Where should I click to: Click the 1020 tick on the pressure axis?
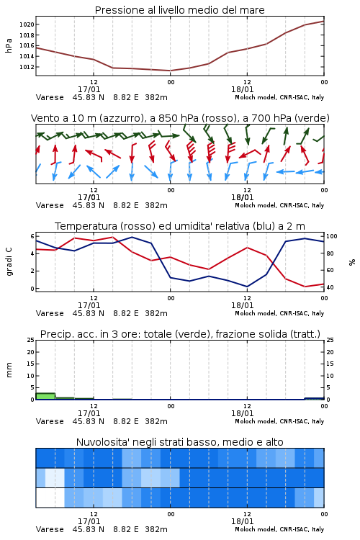pyautogui.click(x=27, y=24)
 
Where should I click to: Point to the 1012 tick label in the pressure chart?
pyautogui.click(x=27, y=67)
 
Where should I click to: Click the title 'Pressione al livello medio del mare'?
pyautogui.click(x=180, y=10)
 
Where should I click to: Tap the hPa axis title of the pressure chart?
pyautogui.click(x=9, y=45)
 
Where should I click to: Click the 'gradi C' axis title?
pyautogui.click(x=9, y=261)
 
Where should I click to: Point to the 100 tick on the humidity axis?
pyautogui.click(x=331, y=236)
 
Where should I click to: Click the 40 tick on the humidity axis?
pyautogui.click(x=330, y=287)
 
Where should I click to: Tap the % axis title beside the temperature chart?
pyautogui.click(x=352, y=262)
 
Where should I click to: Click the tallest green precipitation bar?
pyautogui.click(x=45, y=396)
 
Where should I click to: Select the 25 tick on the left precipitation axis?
pyautogui.click(x=31, y=340)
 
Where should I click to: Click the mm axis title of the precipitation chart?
pyautogui.click(x=9, y=370)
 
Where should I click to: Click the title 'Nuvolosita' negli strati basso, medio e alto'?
pyautogui.click(x=180, y=442)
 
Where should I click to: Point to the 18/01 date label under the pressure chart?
pyautogui.click(x=243, y=89)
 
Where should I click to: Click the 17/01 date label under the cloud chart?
pyautogui.click(x=89, y=521)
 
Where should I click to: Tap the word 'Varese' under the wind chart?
pyautogui.click(x=50, y=205)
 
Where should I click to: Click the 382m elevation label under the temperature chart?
pyautogui.click(x=156, y=313)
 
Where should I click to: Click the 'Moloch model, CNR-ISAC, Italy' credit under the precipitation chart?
pyautogui.click(x=279, y=421)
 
